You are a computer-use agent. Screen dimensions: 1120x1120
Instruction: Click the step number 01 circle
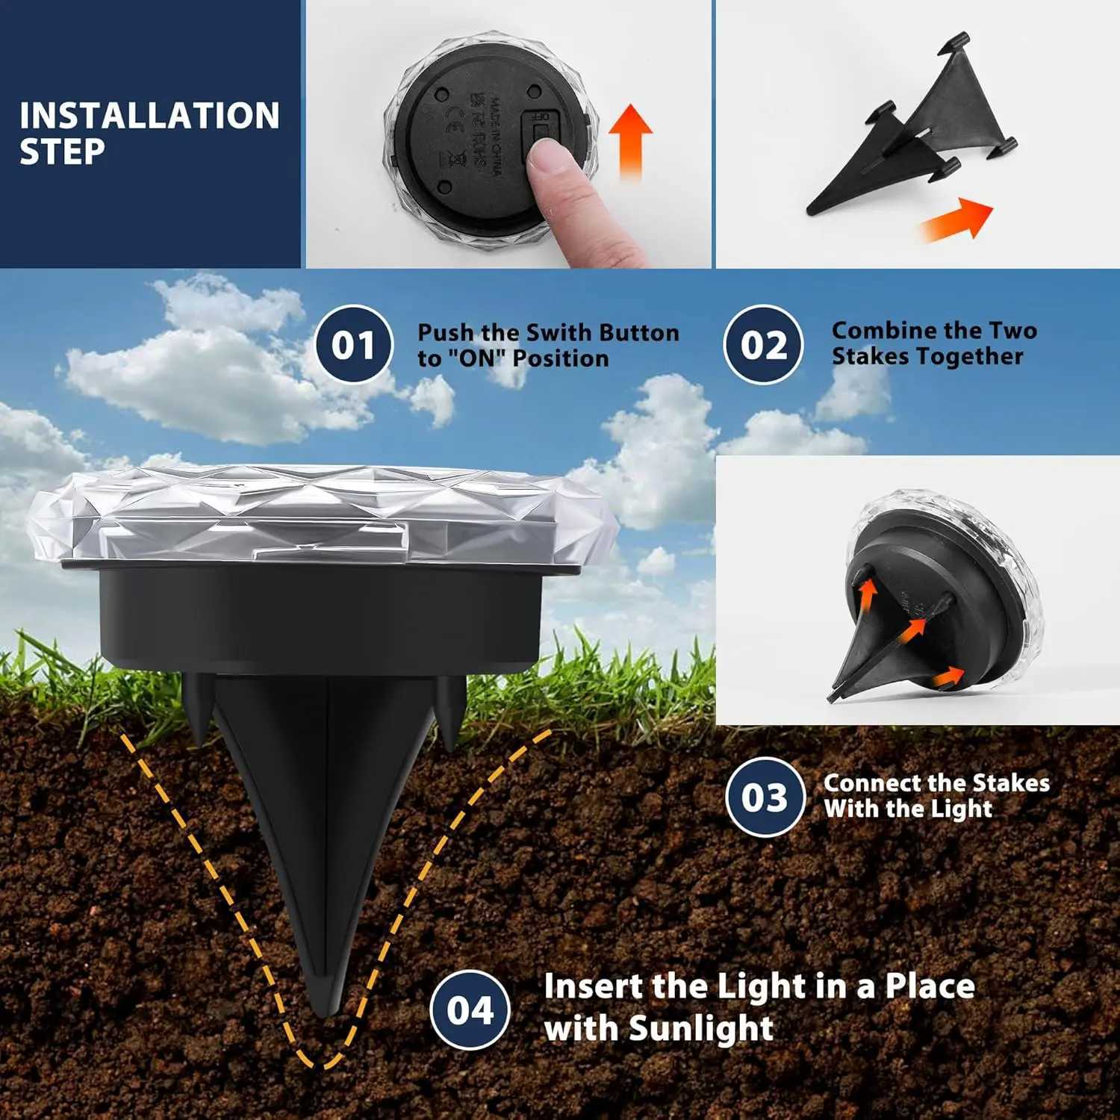pyautogui.click(x=353, y=345)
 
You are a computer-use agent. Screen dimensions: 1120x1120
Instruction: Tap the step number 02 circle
pyautogui.click(x=764, y=345)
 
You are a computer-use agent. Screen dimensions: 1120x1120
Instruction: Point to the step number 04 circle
pyautogui.click(x=470, y=1010)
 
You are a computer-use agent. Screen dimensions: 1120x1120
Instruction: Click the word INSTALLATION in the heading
pyautogui.click(x=149, y=116)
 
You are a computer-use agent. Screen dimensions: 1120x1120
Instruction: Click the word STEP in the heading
pyautogui.click(x=62, y=152)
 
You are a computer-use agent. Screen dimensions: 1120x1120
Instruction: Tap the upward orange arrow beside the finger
pyautogui.click(x=630, y=138)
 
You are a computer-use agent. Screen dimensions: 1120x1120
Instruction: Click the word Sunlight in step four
pyautogui.click(x=700, y=1028)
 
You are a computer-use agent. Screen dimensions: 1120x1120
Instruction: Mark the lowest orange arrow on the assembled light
pyautogui.click(x=949, y=676)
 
